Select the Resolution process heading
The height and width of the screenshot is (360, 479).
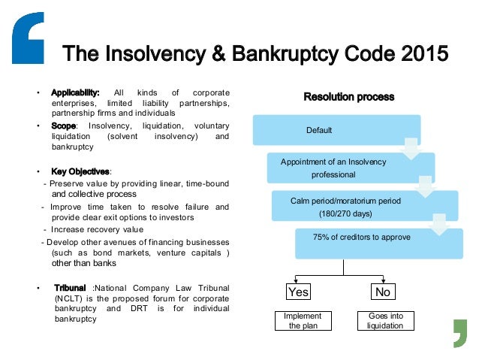pos(348,97)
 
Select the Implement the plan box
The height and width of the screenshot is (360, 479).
pos(298,320)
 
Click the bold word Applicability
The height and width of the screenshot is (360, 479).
pos(76,92)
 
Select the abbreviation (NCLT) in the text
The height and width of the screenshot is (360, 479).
pos(65,298)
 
